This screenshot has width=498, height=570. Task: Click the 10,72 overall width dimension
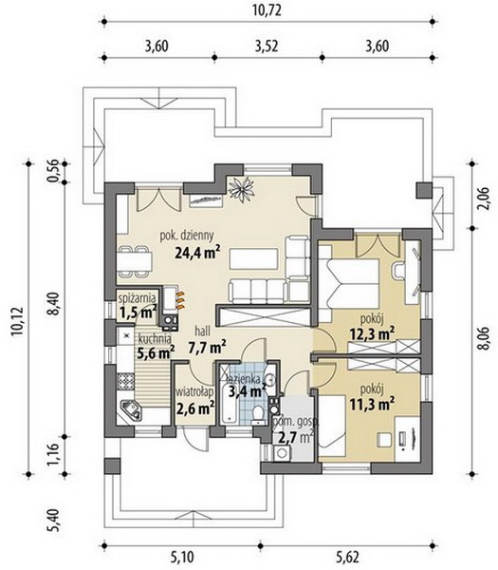click(x=267, y=10)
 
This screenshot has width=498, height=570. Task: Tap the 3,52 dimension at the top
click(x=267, y=47)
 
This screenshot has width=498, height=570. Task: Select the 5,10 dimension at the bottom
click(x=182, y=557)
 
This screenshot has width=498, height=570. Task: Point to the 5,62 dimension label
click(x=347, y=557)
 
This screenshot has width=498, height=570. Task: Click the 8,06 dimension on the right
click(x=483, y=338)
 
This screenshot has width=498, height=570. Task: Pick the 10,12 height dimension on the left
click(x=17, y=322)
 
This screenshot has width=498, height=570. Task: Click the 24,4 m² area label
click(x=197, y=252)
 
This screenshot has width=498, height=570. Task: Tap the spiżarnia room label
click(x=138, y=298)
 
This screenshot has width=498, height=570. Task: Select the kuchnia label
click(x=155, y=339)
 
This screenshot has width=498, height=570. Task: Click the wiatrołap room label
click(x=194, y=392)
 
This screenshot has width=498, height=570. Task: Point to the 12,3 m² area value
click(x=372, y=333)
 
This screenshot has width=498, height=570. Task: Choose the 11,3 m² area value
click(x=372, y=403)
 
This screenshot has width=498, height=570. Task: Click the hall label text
click(x=202, y=332)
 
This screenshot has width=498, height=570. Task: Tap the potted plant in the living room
click(x=241, y=188)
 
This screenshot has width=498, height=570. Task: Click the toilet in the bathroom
click(x=258, y=414)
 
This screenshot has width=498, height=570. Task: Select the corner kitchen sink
click(x=131, y=409)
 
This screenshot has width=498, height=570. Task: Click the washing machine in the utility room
click(x=281, y=453)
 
